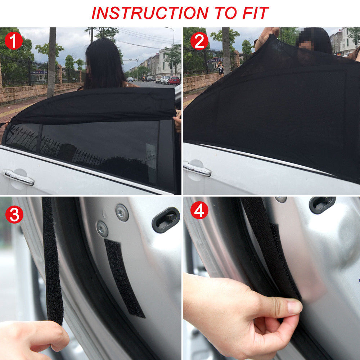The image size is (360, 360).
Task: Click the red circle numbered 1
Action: click(x=14, y=41)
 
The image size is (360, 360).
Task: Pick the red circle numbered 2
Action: click(x=199, y=41)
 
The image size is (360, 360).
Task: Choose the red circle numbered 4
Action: click(x=199, y=211)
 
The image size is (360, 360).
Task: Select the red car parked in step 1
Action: click(x=174, y=81)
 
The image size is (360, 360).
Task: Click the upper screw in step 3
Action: click(x=122, y=212)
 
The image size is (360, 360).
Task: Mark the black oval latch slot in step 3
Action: click(x=166, y=220)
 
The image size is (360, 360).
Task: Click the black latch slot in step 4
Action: click(x=322, y=204)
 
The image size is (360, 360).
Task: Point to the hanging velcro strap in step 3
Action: click(x=52, y=259)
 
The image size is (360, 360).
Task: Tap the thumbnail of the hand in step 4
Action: click(x=294, y=307)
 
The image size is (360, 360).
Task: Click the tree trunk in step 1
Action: click(x=52, y=61)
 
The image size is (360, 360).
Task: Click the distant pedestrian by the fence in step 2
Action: click(x=220, y=68)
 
